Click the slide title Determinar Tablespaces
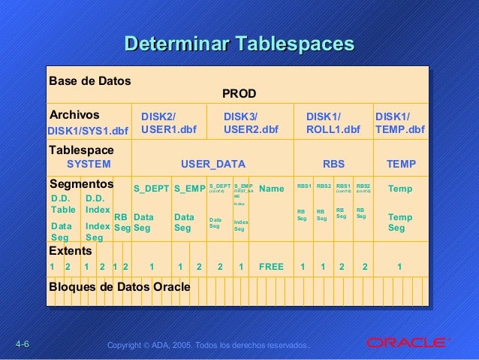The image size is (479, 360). click(x=239, y=44)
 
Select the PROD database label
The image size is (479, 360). click(x=239, y=94)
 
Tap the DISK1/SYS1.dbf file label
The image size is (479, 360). click(x=87, y=131)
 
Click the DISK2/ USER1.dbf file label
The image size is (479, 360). click(x=168, y=123)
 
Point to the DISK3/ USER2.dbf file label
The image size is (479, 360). click(x=251, y=123)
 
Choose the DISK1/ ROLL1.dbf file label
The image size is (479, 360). click(x=333, y=123)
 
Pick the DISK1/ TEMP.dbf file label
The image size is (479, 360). click(x=399, y=123)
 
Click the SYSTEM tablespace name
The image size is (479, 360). click(x=89, y=164)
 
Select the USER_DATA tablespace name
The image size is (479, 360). click(x=213, y=164)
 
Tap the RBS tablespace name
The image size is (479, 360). click(x=333, y=164)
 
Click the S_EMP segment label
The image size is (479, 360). click(x=189, y=189)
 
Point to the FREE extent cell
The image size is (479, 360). click(x=271, y=266)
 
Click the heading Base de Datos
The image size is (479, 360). click(x=89, y=80)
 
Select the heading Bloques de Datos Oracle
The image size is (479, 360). click(x=119, y=287)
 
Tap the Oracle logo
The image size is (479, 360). click(x=406, y=343)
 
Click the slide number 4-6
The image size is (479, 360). click(x=21, y=344)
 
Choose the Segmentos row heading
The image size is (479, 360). click(x=81, y=183)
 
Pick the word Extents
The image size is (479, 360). click(x=70, y=250)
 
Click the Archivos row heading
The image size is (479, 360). click(x=74, y=115)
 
